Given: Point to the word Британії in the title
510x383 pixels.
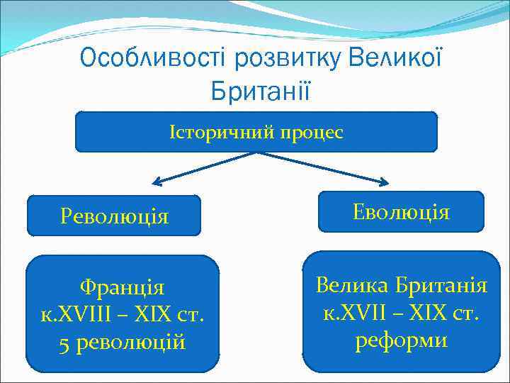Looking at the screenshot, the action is tap(260, 91).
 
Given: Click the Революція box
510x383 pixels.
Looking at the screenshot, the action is tap(114, 216).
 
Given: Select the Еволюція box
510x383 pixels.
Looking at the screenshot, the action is tap(401, 211).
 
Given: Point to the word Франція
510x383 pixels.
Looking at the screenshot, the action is tap(122, 288).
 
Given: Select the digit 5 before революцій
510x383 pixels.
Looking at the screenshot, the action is tap(64, 343).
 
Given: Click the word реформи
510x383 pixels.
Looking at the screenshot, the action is tap(401, 340).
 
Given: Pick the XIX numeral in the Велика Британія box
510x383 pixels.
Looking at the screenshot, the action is tap(429, 313).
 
